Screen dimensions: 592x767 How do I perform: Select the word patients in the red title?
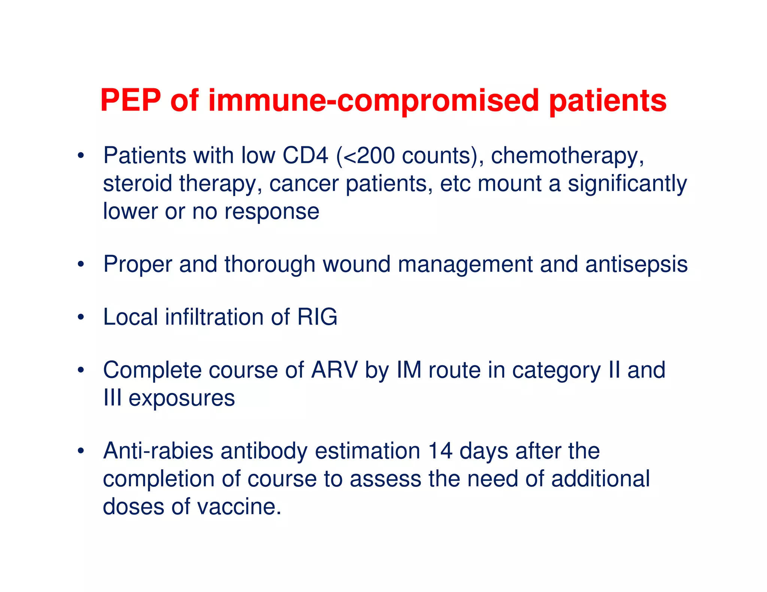tap(607, 101)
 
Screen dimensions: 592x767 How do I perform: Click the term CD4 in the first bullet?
tap(305, 155)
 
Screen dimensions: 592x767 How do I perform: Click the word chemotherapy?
tap(567, 156)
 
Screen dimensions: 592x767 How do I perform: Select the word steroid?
tap(137, 183)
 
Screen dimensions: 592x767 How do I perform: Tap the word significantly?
tap(627, 184)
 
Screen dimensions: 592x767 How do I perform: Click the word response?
tap(272, 212)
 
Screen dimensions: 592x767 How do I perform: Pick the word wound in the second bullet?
tap(356, 264)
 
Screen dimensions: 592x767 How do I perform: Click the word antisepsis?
tap(636, 265)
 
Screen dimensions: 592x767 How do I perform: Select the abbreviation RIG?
tap(317, 317)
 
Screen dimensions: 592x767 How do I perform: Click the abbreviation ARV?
tap(334, 370)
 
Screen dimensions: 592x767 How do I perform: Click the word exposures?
tap(182, 398)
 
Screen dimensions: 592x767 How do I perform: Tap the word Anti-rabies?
tap(158, 451)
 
